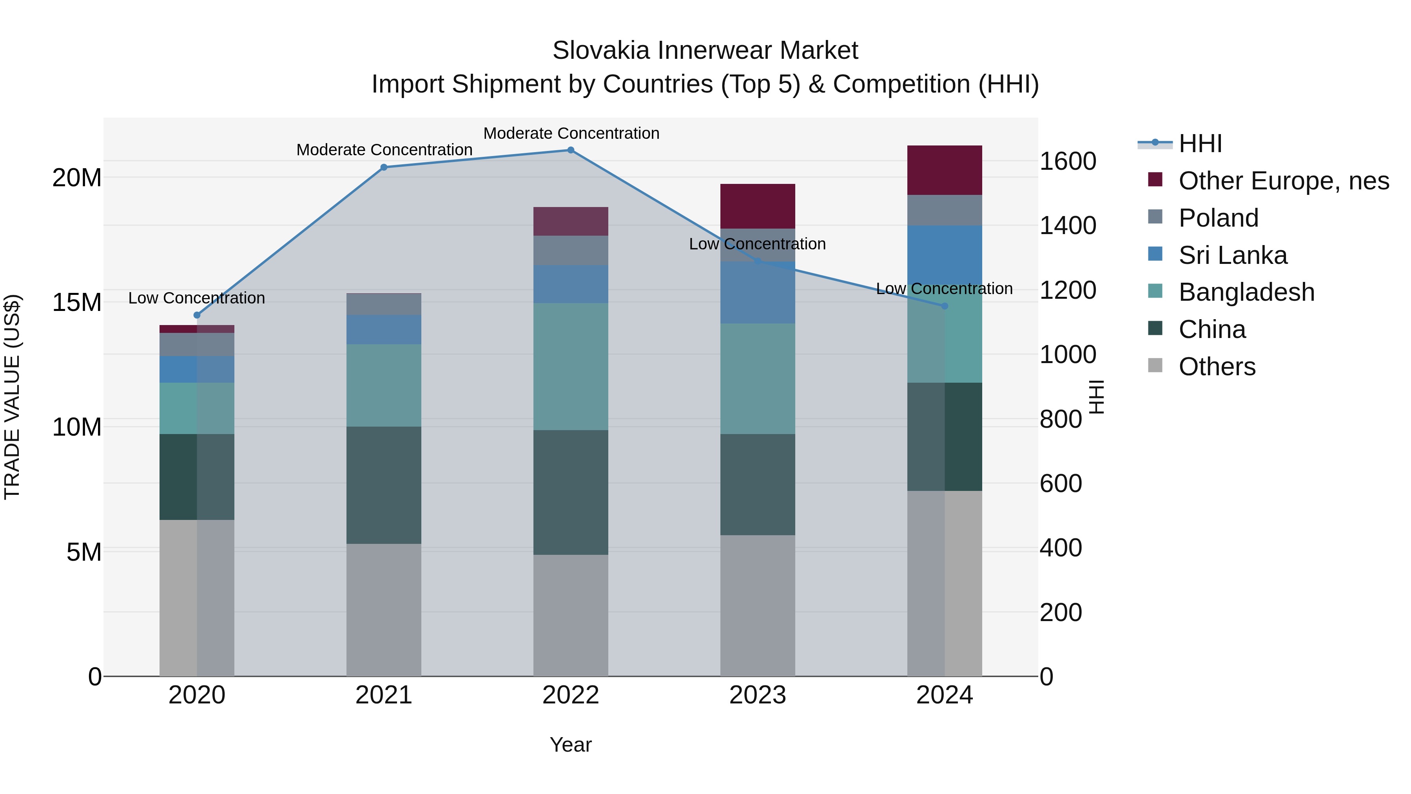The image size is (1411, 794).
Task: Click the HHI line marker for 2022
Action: click(570, 150)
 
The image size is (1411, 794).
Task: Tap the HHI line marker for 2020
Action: click(197, 315)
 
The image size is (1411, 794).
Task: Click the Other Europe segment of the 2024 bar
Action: click(944, 171)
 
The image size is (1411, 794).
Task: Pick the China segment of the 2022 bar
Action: click(570, 492)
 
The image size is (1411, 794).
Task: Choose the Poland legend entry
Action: click(1218, 218)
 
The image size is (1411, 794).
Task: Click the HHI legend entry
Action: click(1200, 144)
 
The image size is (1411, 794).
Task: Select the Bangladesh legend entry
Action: click(1246, 292)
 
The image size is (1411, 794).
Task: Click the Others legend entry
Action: click(1217, 367)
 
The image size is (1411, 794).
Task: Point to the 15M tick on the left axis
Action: click(77, 302)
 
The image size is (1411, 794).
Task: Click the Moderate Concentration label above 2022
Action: click(571, 133)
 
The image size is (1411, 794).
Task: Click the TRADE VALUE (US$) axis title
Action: click(13, 397)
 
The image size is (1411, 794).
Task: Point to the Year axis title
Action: click(570, 745)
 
